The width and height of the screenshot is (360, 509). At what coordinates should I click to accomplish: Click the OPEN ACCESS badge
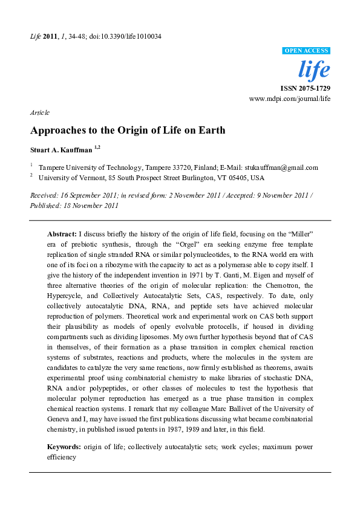pos(306,51)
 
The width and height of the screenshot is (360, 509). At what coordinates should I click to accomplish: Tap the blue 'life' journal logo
pos(315,70)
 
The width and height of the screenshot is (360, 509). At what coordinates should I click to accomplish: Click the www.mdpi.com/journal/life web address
pos(290,98)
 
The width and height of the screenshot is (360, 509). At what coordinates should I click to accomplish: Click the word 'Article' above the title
pos(39,112)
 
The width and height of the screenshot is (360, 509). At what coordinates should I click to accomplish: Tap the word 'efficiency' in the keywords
pos(62,457)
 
